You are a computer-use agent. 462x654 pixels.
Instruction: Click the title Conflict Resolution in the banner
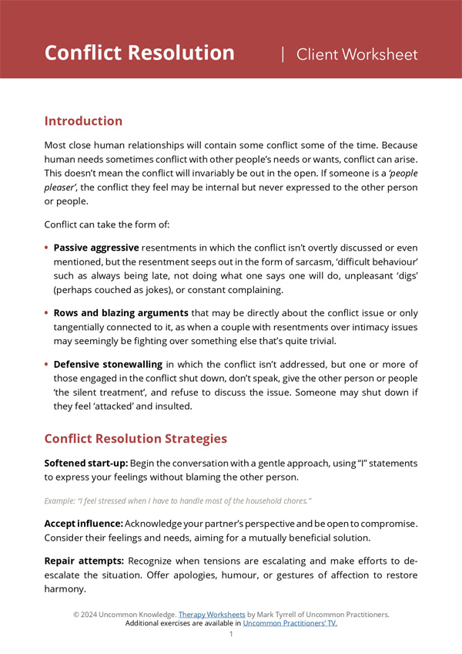[x=139, y=53]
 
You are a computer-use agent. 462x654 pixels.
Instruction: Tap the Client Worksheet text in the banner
[x=357, y=54]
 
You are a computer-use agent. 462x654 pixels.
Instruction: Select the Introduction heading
[x=83, y=121]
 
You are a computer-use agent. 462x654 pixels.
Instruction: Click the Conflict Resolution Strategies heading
[x=136, y=438]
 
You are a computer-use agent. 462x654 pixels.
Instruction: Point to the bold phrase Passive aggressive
[x=96, y=248]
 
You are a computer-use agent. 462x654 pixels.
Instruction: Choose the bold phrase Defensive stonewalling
[x=108, y=363]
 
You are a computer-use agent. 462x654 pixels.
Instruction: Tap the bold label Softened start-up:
[x=85, y=464]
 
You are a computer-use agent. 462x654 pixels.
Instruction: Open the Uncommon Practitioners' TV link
[x=290, y=623]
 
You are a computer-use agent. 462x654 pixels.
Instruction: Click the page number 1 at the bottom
[x=231, y=634]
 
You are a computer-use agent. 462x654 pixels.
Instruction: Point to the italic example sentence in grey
[x=178, y=501]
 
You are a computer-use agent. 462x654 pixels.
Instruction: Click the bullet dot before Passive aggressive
[x=47, y=248]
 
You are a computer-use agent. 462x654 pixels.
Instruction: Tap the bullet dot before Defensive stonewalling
[x=47, y=363]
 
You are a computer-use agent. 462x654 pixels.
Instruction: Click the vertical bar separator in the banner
[x=283, y=54]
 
